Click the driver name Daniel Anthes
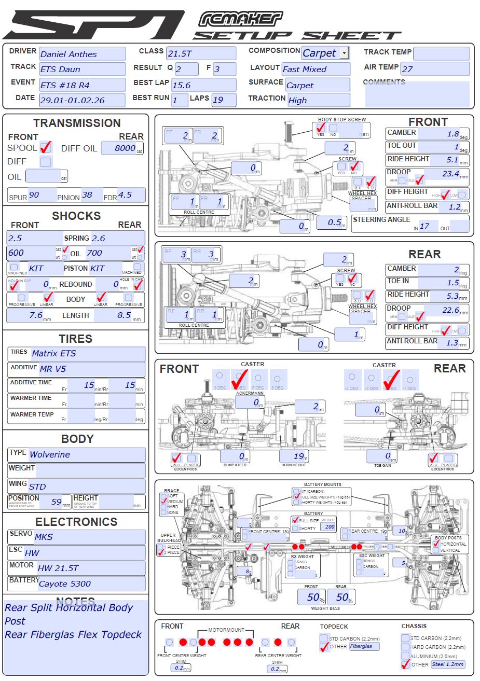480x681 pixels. (82, 54)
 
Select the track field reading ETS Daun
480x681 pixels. (82, 70)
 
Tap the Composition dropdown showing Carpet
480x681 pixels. (325, 53)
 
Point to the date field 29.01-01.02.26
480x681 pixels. (82, 100)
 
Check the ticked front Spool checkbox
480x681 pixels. (46, 147)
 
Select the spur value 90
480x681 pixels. (42, 195)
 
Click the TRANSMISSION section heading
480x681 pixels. (77, 123)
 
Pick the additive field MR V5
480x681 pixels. (91, 369)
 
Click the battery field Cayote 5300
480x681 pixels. (91, 583)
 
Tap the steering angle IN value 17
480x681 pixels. (429, 226)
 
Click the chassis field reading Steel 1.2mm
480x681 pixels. (448, 664)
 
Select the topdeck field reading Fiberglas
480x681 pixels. (363, 646)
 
